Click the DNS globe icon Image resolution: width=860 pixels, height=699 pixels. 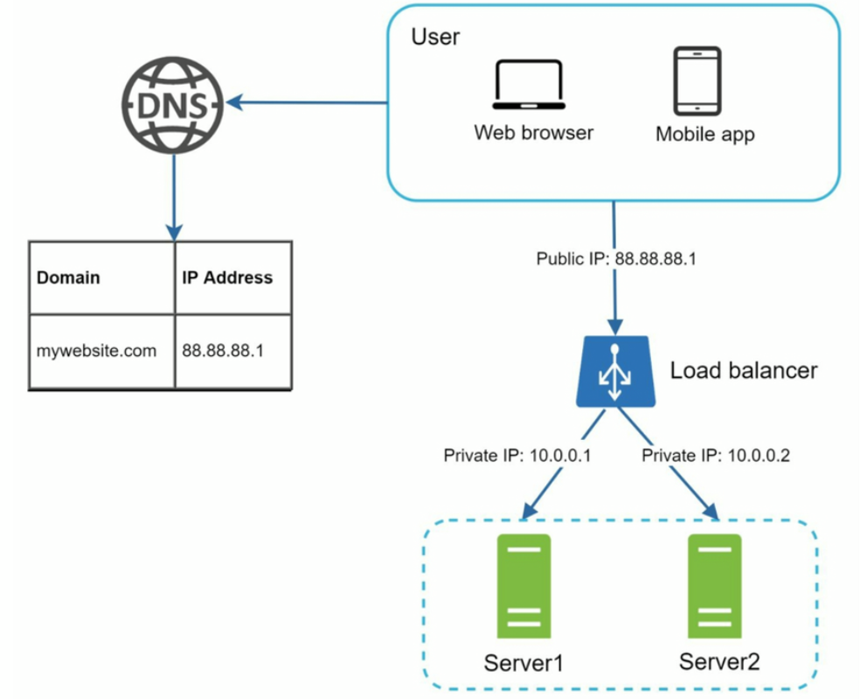coord(172,105)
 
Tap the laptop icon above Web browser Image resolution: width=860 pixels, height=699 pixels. coord(529,84)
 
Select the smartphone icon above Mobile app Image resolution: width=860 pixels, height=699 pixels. coord(697,80)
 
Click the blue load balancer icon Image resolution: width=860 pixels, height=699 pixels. coord(615,372)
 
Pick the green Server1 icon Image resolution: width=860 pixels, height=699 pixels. coord(524,586)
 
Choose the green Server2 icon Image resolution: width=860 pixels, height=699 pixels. coord(715,586)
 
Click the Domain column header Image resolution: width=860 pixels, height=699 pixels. coord(68,277)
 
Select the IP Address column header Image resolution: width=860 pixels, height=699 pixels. coord(227,277)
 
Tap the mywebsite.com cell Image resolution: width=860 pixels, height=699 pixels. coord(96,350)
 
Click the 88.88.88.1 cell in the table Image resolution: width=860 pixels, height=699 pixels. coord(223,350)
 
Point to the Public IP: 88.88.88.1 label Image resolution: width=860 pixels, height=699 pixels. coord(616,259)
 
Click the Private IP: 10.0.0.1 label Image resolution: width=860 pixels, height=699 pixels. coord(517,455)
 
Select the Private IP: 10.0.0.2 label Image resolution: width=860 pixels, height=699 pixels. coord(716,455)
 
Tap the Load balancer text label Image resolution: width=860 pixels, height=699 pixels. coord(744,371)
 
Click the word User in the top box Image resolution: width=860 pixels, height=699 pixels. coord(435,37)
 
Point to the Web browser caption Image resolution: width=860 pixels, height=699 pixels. coord(534,132)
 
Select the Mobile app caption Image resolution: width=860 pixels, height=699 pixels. coord(705,134)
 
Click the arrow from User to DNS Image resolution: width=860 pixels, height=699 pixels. coord(307,102)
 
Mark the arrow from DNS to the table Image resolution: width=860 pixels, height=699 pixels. coord(174,198)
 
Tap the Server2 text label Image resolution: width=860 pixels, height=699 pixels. coord(719,661)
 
